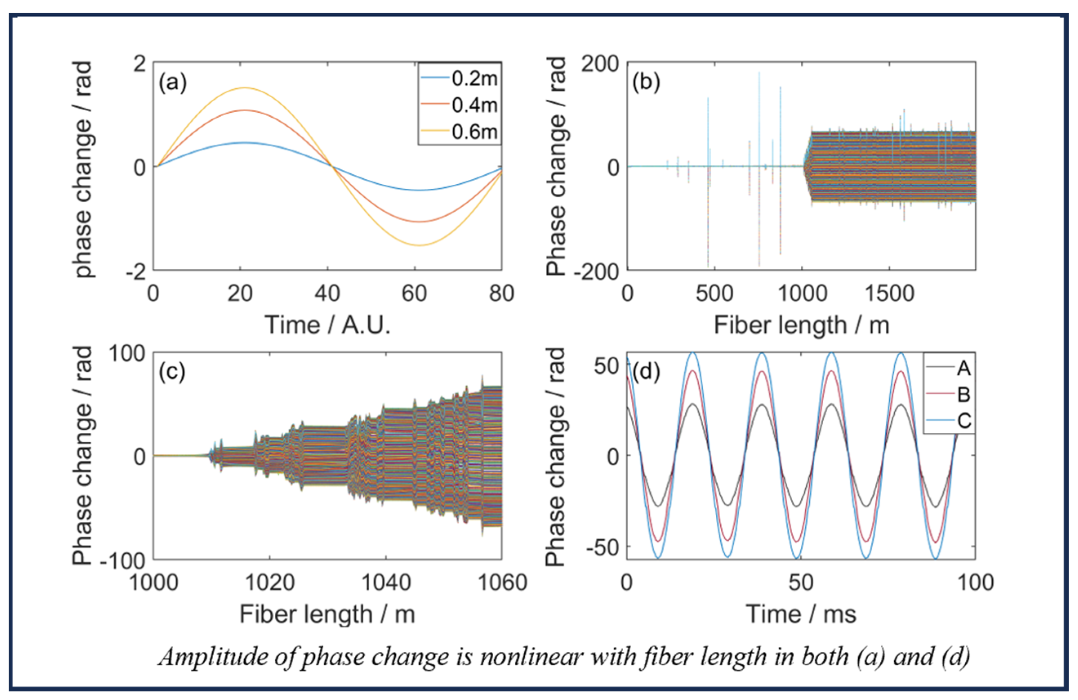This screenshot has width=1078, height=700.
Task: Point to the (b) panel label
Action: pos(646,83)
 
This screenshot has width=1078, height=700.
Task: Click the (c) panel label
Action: pos(171,372)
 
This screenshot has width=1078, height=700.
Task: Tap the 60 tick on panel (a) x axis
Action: pos(414,294)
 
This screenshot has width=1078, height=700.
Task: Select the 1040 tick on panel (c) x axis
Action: pos(386,583)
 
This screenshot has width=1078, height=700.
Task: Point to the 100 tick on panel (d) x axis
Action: pos(975,583)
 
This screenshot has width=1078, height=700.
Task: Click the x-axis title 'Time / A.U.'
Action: pos(327,325)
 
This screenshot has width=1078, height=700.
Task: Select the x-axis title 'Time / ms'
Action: pos(801,614)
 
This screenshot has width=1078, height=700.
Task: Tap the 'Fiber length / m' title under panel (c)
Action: pos(327,614)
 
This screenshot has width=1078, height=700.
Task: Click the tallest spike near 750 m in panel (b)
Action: pos(759,74)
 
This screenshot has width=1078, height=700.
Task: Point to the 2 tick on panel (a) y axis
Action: pos(140,63)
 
